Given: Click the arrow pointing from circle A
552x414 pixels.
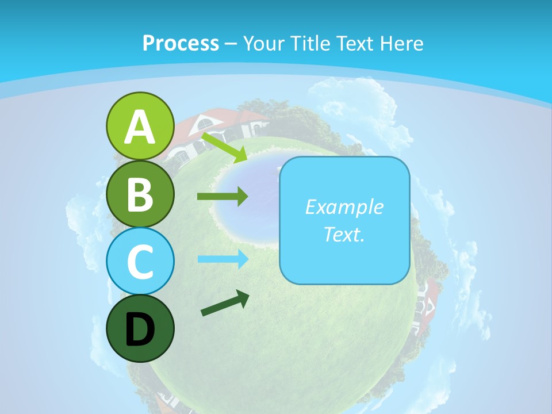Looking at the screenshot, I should tap(225, 147).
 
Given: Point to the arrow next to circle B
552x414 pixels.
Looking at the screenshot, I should tap(223, 197).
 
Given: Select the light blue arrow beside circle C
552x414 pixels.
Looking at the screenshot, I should tap(223, 259).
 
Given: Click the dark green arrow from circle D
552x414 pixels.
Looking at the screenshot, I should tap(225, 303).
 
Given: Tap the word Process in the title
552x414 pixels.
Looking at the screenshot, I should tap(181, 43).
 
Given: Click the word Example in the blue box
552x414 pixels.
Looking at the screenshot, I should tap(344, 207).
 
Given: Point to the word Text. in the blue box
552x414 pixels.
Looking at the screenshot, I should tap(344, 235).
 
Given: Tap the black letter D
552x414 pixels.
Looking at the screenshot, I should tap(140, 329).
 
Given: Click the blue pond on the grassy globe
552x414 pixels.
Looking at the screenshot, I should tap(247, 195).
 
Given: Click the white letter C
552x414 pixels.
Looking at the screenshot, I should tap(140, 262).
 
